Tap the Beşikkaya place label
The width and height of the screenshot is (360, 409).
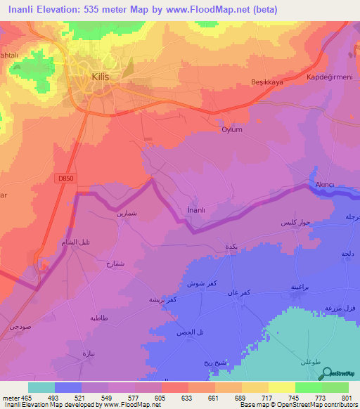tap(266, 82)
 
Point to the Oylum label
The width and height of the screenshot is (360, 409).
tap(232, 130)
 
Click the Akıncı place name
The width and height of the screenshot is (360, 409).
tap(325, 185)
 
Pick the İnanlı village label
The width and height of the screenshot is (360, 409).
tap(197, 209)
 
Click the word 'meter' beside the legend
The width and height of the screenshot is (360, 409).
tap(9, 397)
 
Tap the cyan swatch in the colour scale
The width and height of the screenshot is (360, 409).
tap(41, 387)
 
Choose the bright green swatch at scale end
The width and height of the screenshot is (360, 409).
tap(335, 387)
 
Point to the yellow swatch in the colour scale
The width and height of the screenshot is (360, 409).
tap(255, 387)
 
